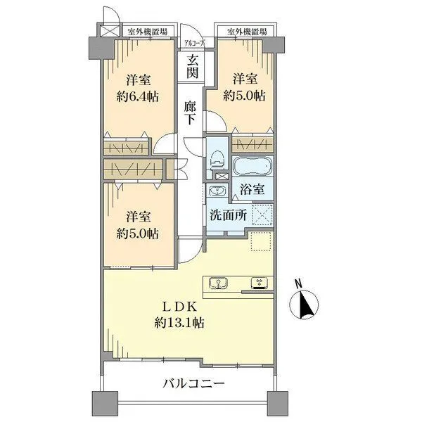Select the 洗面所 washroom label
tap(226, 217)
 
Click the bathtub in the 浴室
tap(252, 167)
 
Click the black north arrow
tap(307, 307)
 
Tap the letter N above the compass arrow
tap(299, 284)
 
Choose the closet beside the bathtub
tap(252, 143)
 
